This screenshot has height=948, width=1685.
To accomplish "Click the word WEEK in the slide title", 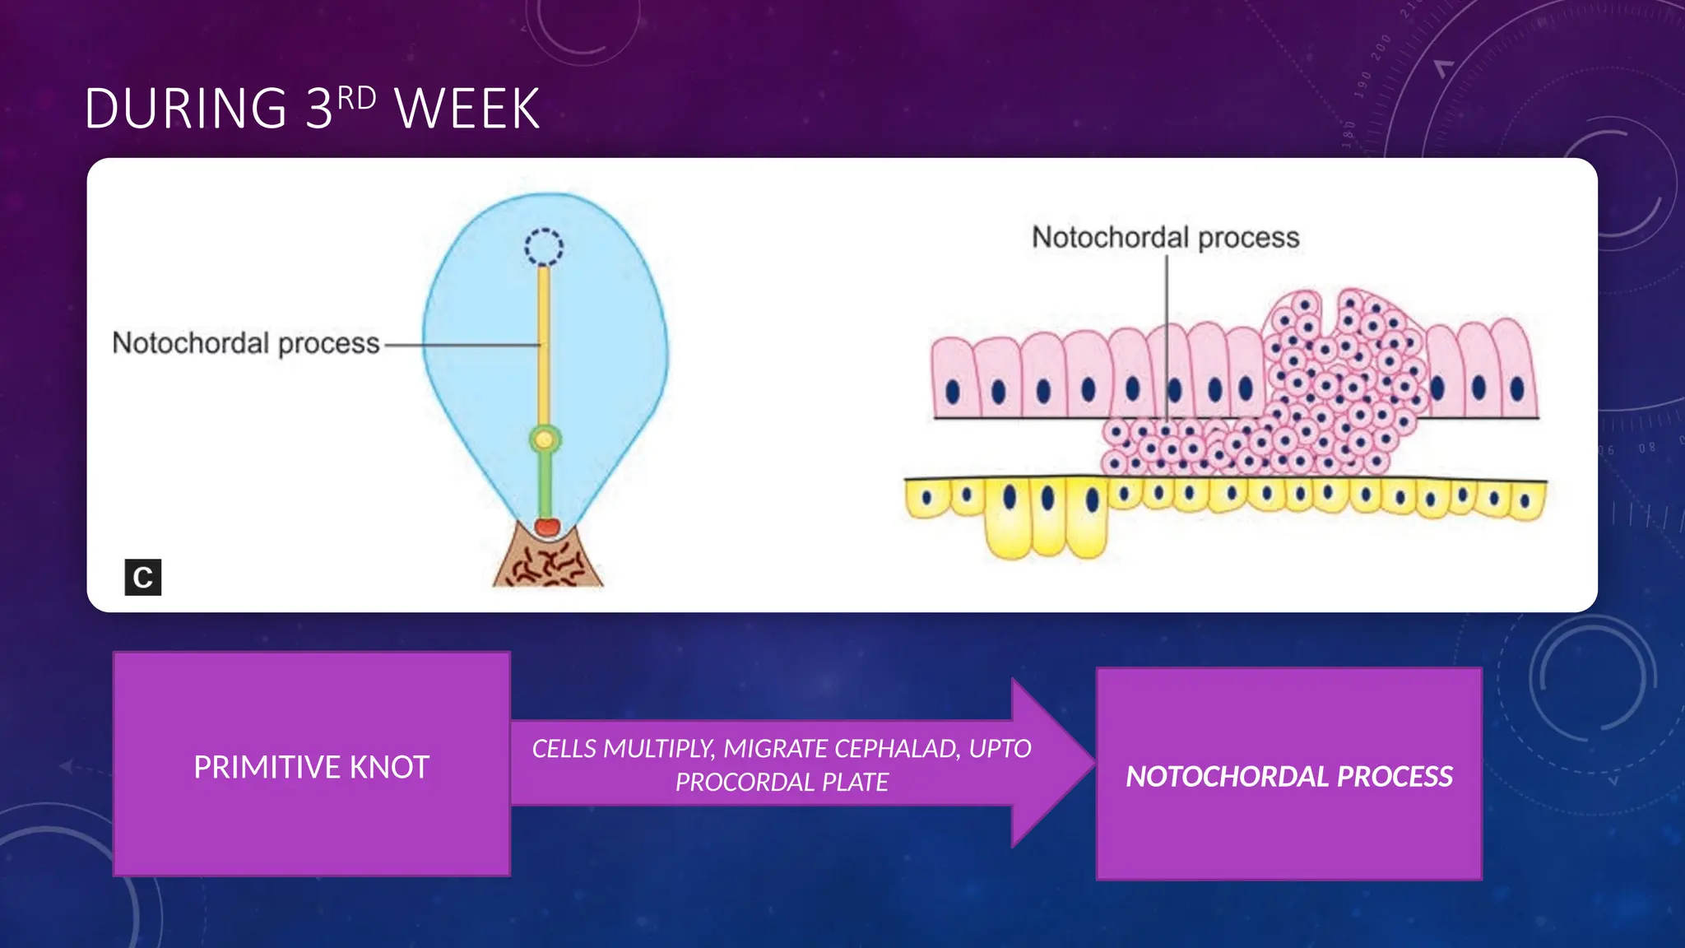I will point(467,109).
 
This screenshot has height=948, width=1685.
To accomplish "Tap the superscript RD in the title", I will point(356,99).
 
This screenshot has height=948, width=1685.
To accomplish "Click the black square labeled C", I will point(142,577).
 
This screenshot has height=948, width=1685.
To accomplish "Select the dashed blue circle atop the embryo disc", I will point(544,247).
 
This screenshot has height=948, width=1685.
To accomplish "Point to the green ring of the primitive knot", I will point(544,439).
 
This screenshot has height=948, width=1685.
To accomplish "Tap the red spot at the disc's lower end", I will point(547,527).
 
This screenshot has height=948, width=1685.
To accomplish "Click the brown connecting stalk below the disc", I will point(548,565).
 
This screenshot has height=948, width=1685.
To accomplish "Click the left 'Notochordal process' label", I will point(245,343).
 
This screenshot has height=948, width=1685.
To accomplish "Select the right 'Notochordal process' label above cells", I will point(1165,237).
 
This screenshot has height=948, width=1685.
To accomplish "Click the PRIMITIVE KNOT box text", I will point(311,767).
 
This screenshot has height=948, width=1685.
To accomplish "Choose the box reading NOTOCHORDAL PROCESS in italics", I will point(1288,776).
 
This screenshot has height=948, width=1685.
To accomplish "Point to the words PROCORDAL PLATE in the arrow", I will point(782,782).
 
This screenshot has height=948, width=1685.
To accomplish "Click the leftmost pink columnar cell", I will point(953,379).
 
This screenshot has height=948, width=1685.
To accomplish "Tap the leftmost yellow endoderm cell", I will point(927,500).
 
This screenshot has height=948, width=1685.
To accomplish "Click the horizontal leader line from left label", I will point(461,346).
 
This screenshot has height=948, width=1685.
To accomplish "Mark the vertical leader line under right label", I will point(1167,337).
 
